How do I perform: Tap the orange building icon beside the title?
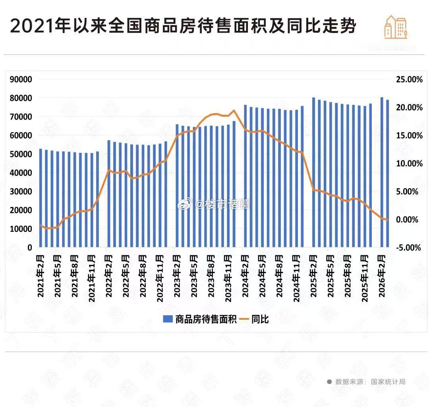[396, 27]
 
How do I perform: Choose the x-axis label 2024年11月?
[296, 278]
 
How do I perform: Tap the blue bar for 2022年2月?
[109, 194]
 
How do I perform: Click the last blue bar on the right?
[388, 174]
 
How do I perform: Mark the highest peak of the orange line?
[234, 110]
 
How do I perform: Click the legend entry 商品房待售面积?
[201, 319]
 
